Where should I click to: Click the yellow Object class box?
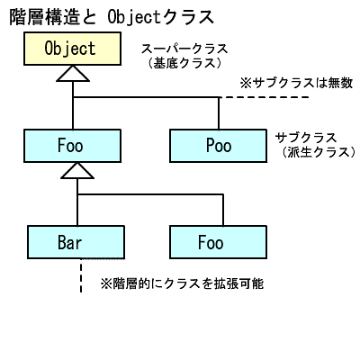69,49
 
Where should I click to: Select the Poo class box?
218,144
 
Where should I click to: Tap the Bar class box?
76,242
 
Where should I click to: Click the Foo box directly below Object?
76,144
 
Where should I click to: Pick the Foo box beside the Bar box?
218,242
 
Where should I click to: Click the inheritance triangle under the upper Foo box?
76,175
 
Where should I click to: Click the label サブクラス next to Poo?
305,137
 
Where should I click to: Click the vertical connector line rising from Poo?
218,112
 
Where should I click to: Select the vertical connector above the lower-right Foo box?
218,209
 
